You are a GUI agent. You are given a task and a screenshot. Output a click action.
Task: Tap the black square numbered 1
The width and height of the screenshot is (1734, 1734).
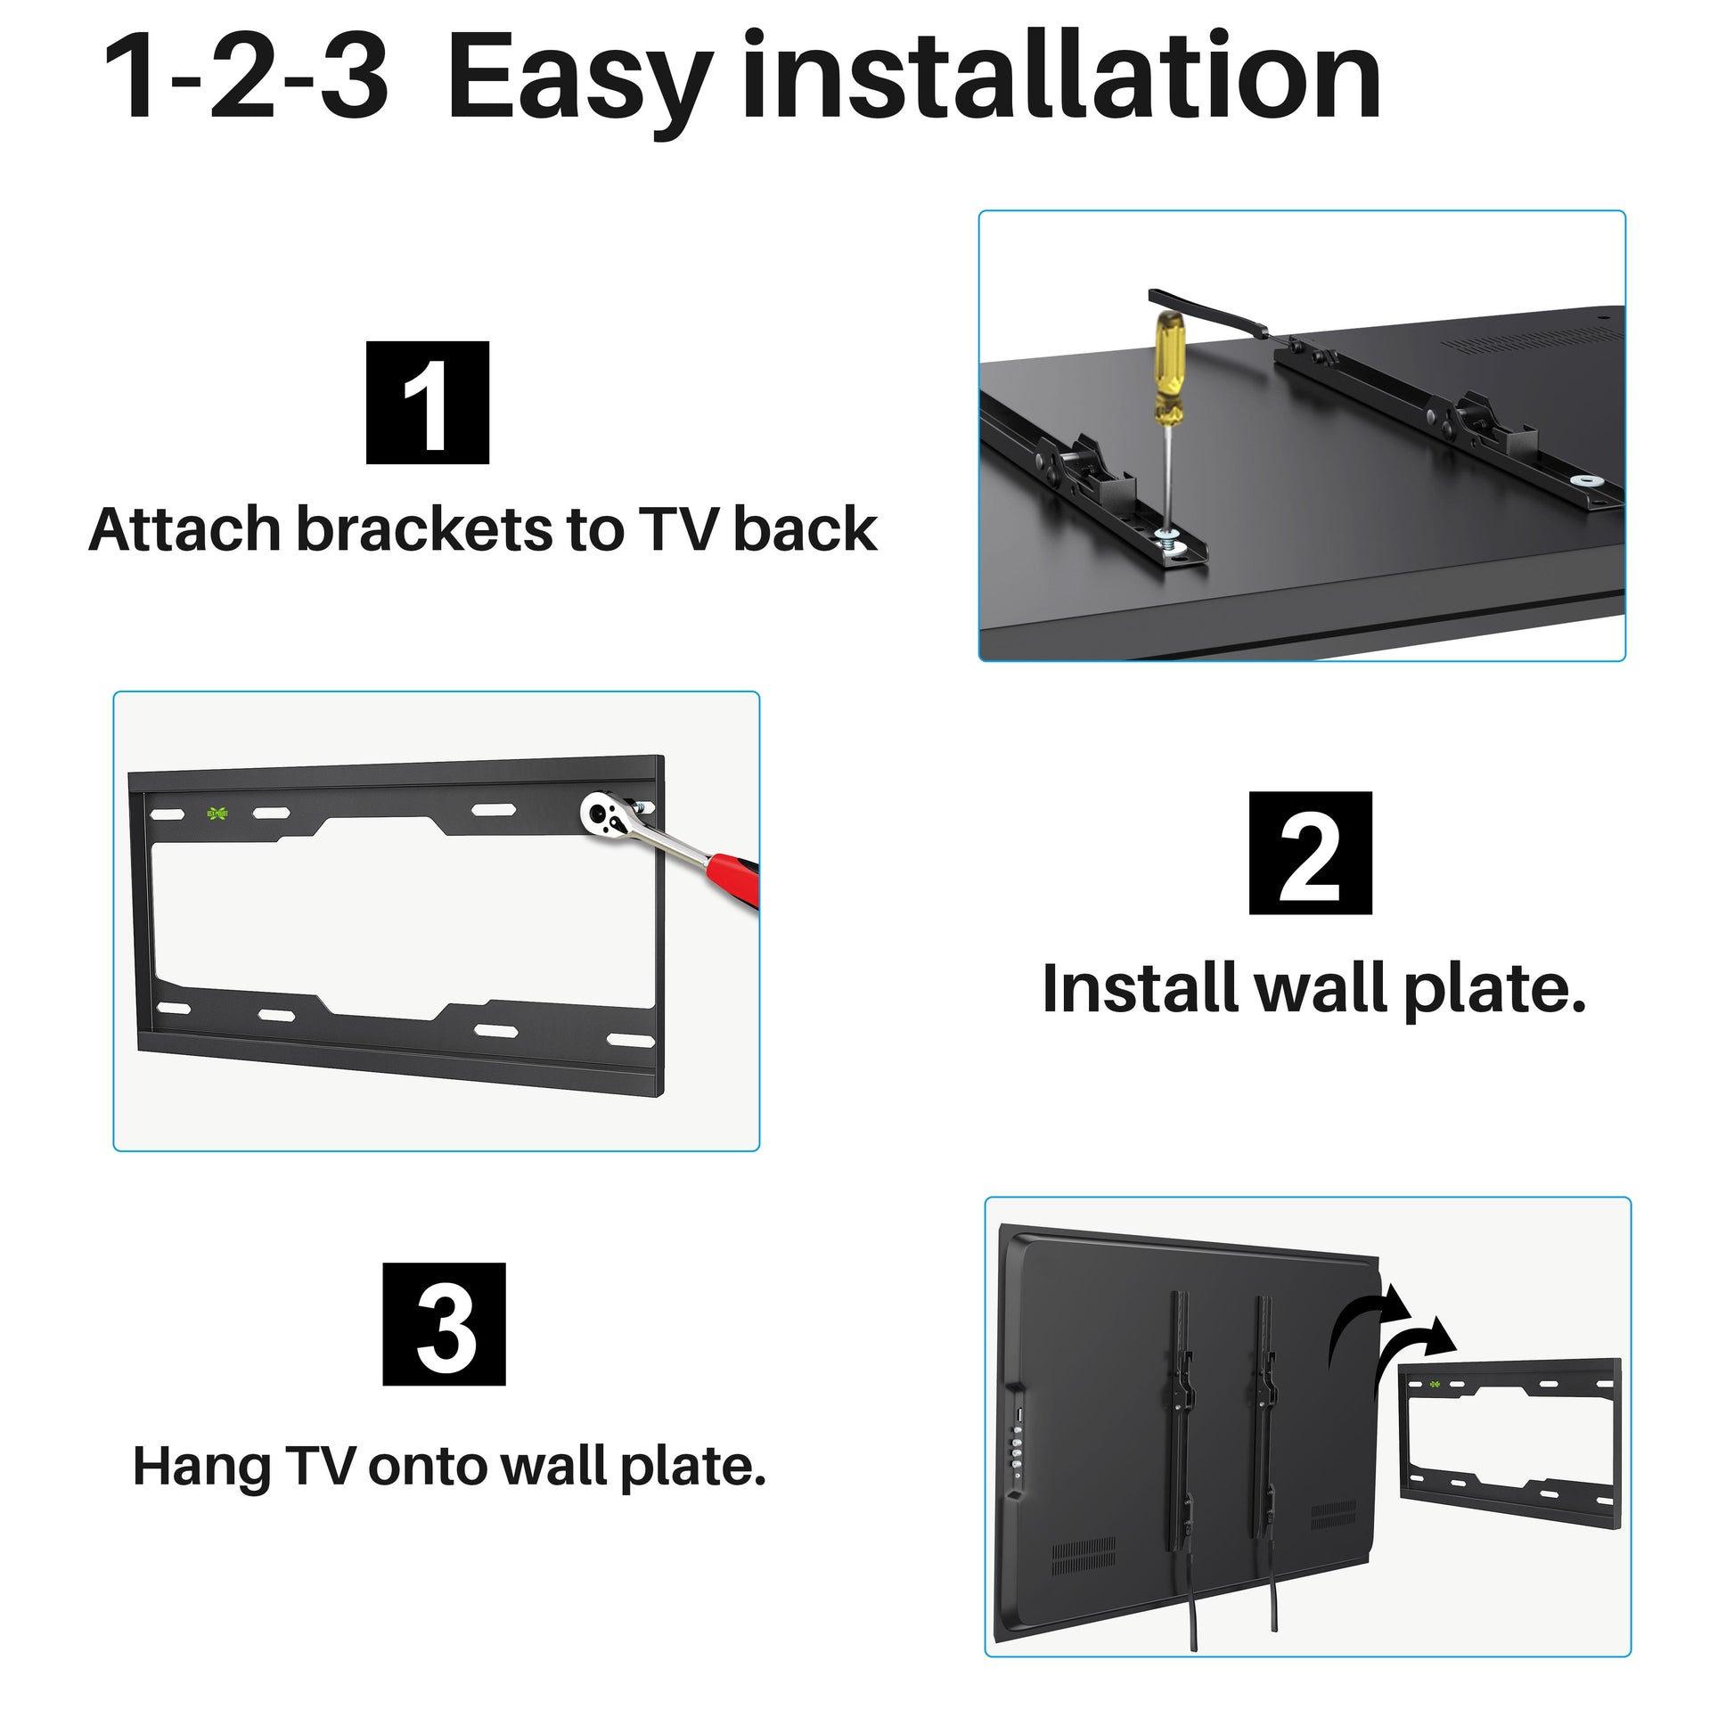click(x=427, y=403)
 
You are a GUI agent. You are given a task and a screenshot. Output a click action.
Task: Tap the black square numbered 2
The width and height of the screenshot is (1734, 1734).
click(x=1311, y=854)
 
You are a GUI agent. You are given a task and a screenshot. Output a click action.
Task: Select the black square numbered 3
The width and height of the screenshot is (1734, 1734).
click(x=445, y=1325)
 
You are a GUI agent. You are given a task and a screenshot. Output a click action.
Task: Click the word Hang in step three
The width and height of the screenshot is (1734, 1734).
click(x=202, y=1467)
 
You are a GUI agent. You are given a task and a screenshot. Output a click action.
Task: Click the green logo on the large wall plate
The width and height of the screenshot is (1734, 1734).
click(x=217, y=814)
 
